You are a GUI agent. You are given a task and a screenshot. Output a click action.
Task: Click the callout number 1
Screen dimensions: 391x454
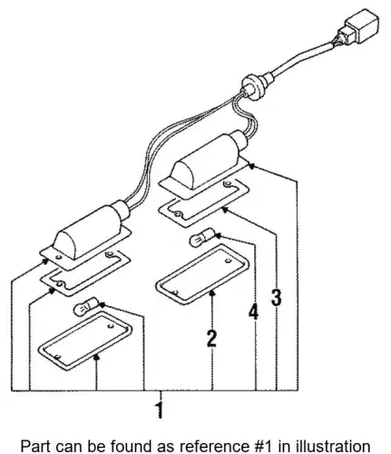point(160,410)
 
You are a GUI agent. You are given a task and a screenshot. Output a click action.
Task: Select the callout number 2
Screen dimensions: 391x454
point(211,339)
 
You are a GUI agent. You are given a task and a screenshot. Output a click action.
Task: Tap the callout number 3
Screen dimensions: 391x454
point(277,297)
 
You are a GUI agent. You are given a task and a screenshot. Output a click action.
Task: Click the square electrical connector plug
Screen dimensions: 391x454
point(360,28)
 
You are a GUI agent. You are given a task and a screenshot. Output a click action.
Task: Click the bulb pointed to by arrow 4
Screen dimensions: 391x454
point(202,238)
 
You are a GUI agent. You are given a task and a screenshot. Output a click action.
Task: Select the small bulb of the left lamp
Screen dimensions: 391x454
point(86,306)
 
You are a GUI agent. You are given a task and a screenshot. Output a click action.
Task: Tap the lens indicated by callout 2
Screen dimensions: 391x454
point(202,274)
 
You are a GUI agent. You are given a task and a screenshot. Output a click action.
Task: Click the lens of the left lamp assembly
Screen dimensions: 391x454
point(85,341)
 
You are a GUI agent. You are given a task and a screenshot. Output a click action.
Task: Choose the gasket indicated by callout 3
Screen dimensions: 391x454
point(204,200)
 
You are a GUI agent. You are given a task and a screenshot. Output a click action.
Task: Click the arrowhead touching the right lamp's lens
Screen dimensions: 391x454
point(212,292)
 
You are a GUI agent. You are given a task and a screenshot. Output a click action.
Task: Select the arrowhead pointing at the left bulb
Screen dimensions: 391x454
point(103,304)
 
